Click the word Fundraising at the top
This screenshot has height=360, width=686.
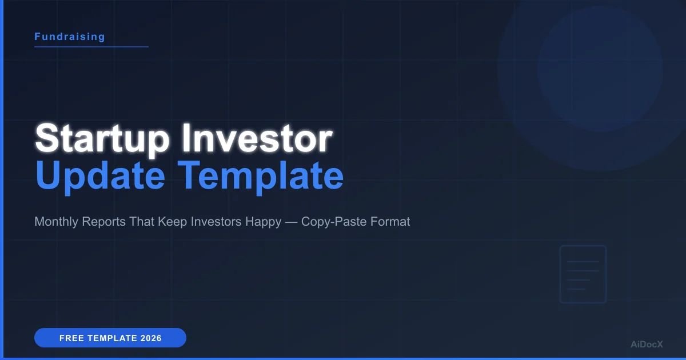70,37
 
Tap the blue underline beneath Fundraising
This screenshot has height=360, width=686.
91,47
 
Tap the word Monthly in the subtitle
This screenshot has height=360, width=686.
56,222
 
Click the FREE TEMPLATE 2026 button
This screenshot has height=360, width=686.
110,338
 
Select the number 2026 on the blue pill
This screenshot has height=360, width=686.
150,338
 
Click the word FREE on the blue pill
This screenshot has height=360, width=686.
72,338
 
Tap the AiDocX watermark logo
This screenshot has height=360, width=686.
646,344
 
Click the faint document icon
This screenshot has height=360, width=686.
583,274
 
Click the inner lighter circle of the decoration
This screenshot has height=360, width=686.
600,69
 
